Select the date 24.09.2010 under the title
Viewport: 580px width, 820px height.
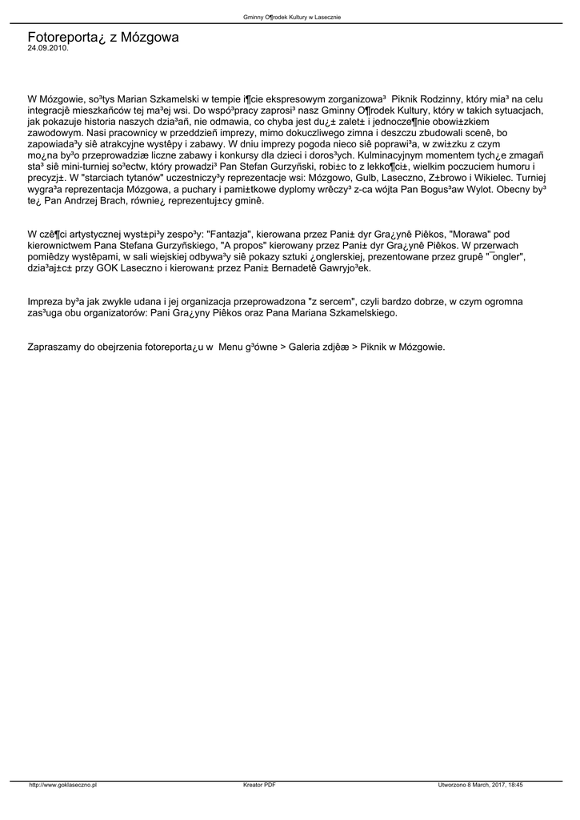click(x=48, y=48)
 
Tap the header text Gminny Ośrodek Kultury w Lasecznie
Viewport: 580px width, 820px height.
click(x=291, y=17)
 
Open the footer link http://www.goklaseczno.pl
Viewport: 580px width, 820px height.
click(x=62, y=786)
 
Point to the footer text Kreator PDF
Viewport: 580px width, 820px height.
click(x=260, y=786)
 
